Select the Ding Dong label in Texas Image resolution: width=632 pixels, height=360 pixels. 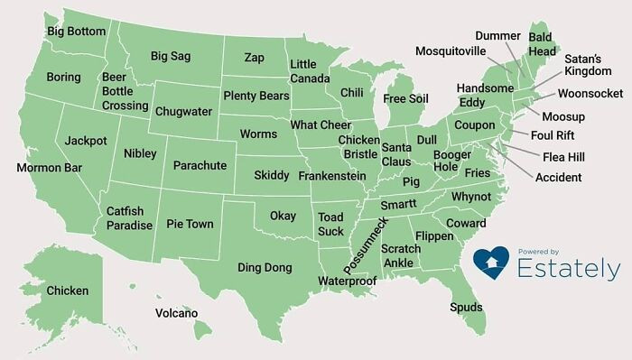(x=265, y=268)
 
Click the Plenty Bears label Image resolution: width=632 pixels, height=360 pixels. (x=255, y=96)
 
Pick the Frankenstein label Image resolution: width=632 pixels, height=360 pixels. (x=331, y=176)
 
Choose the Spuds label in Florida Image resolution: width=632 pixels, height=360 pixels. (x=466, y=308)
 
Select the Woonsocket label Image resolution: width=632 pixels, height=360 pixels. (x=590, y=94)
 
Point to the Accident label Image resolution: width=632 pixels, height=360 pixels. (x=558, y=177)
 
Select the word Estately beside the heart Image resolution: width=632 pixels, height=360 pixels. (x=569, y=269)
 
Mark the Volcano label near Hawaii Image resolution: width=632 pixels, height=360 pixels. (x=176, y=313)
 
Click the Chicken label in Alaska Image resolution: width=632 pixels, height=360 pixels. (x=68, y=291)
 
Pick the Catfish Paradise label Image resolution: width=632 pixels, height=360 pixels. (x=129, y=218)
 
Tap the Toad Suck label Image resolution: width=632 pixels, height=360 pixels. (x=330, y=224)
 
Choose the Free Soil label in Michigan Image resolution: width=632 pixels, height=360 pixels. (x=405, y=98)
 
